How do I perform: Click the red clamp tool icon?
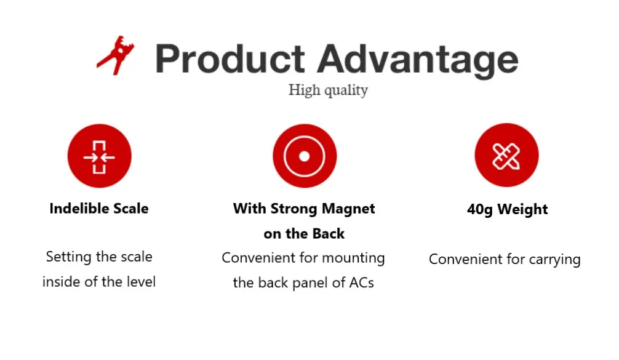click(x=114, y=57)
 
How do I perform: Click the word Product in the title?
click(x=230, y=58)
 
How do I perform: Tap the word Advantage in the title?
click(x=418, y=60)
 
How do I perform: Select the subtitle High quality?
click(x=328, y=90)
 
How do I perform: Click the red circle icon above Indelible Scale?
click(x=100, y=156)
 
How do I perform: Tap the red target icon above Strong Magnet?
click(x=305, y=156)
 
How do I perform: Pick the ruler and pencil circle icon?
click(x=506, y=155)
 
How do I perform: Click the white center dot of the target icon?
click(x=305, y=156)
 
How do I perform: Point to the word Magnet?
click(x=348, y=209)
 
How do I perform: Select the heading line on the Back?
click(x=304, y=234)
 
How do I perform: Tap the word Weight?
click(x=522, y=210)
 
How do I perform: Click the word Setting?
click(x=69, y=257)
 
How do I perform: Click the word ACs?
click(x=361, y=282)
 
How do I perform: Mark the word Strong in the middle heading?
click(x=294, y=209)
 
